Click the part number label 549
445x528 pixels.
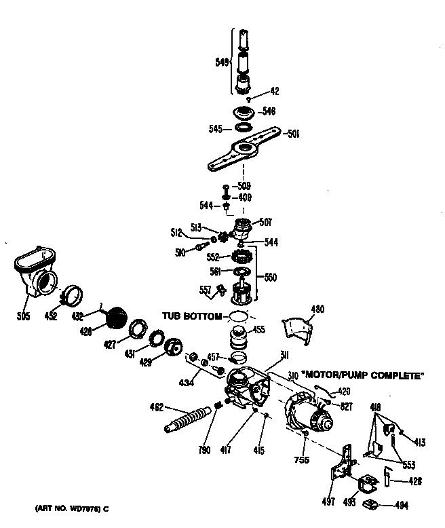pyautogui.click(x=221, y=60)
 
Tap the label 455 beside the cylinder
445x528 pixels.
pyautogui.click(x=259, y=330)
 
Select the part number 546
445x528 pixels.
pyautogui.click(x=268, y=111)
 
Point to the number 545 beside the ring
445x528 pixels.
pyautogui.click(x=216, y=127)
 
